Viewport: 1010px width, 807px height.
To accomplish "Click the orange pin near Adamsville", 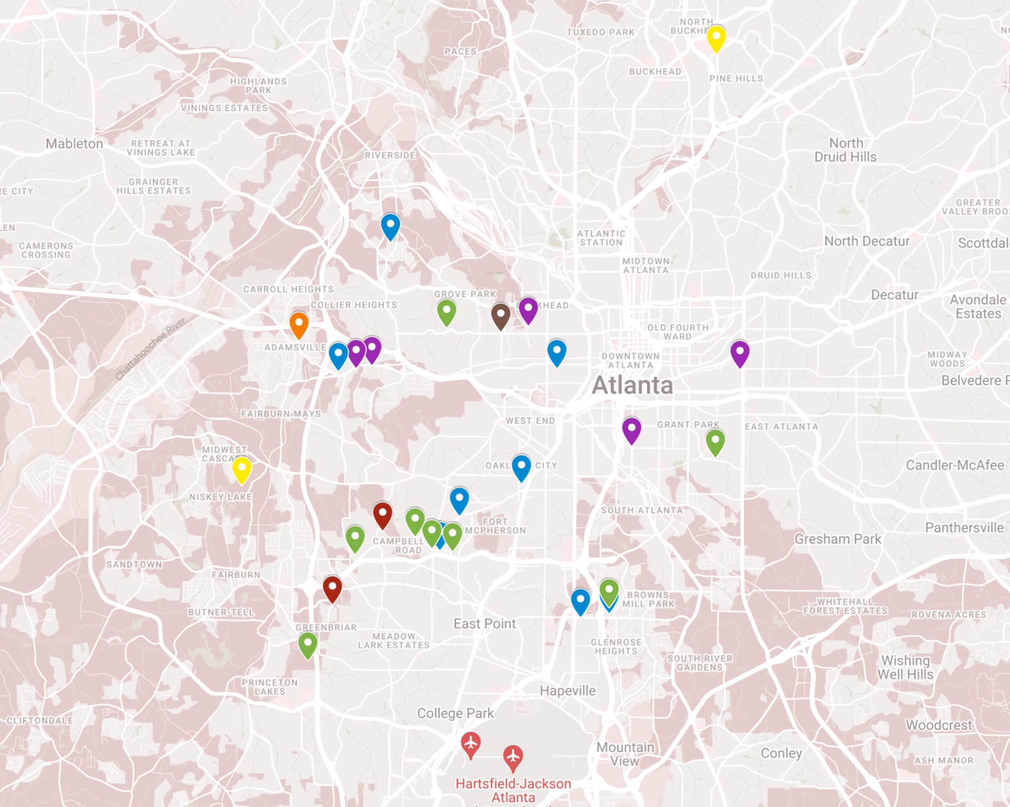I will (x=299, y=324).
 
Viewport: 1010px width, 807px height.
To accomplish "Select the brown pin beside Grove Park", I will (x=500, y=316).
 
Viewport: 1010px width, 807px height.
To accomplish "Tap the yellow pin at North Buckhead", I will (x=716, y=38).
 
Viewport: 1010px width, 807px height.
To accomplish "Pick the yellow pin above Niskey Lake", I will (x=242, y=469).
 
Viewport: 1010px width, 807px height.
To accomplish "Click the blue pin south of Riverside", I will (x=390, y=226).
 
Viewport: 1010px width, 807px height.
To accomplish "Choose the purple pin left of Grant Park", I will (x=631, y=430).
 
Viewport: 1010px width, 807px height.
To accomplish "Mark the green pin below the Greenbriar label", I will (x=308, y=644).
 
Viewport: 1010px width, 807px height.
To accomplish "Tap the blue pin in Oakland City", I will (x=521, y=467).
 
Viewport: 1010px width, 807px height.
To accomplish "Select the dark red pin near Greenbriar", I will (x=332, y=588).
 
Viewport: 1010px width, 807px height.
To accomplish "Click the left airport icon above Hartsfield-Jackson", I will (x=470, y=744).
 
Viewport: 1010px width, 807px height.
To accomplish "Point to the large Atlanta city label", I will (x=632, y=386).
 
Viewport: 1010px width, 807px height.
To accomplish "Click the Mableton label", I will (x=74, y=144).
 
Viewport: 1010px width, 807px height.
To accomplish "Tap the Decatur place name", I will (x=894, y=295).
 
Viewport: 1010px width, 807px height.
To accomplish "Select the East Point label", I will (x=485, y=624).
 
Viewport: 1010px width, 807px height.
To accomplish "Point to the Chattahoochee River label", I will (x=150, y=349).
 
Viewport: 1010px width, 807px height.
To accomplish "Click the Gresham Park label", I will (x=838, y=539).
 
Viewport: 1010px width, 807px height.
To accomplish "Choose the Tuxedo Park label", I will (x=600, y=32).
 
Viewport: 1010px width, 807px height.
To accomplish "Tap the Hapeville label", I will (x=567, y=691).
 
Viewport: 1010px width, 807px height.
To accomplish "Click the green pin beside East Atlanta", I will (x=715, y=442).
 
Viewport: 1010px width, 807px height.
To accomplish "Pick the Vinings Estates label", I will (x=224, y=108).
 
